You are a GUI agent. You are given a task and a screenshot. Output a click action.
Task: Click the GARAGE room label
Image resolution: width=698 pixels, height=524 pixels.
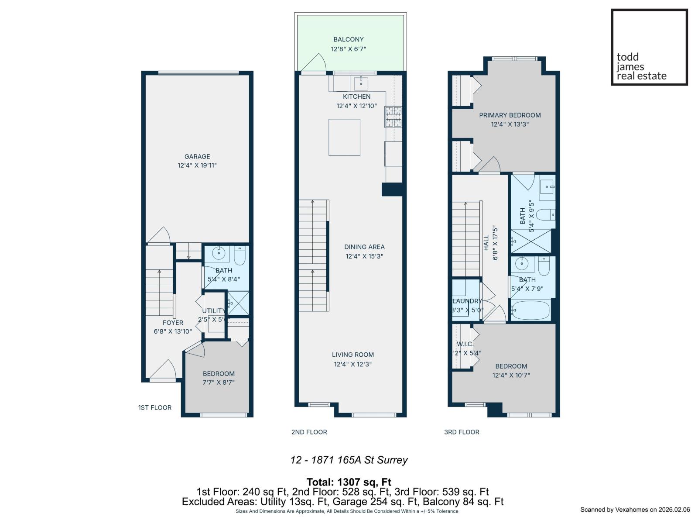click(x=197, y=156)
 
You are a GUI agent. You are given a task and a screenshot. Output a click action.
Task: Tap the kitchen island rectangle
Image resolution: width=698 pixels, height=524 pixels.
click(x=344, y=137)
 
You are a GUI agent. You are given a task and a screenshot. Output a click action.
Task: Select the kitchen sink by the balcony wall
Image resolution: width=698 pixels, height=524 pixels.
click(x=361, y=82)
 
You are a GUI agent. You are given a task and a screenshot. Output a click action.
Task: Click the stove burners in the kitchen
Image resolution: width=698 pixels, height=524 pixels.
click(x=393, y=117)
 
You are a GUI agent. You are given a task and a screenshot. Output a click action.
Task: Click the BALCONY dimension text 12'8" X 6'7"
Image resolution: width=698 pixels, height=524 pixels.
click(x=348, y=49)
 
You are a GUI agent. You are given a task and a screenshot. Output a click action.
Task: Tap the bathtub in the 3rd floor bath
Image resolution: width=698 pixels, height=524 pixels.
click(x=530, y=310)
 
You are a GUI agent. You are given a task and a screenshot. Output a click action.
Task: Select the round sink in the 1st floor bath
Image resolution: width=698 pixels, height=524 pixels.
click(x=218, y=253)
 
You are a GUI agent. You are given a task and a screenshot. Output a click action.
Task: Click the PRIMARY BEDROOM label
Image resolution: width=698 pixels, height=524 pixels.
click(x=510, y=115)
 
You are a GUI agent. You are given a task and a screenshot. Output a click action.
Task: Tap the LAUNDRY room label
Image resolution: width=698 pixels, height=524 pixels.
click(x=467, y=301)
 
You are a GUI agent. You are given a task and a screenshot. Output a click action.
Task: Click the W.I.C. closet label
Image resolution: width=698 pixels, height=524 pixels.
click(x=465, y=344)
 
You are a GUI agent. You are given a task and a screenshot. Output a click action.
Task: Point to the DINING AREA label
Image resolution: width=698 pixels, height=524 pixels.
click(x=364, y=247)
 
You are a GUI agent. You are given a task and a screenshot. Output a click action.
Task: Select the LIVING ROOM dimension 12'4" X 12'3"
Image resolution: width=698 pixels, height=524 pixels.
click(x=352, y=364)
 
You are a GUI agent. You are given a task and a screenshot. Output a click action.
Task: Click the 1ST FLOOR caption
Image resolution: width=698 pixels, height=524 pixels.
click(x=155, y=407)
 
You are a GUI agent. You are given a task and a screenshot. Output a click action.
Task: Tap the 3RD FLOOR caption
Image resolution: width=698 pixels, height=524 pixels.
click(x=462, y=432)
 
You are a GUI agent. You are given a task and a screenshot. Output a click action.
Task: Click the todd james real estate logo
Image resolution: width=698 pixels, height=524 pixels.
click(x=649, y=47)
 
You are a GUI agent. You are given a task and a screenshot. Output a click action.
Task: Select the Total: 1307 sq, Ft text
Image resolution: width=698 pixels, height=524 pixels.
click(x=349, y=482)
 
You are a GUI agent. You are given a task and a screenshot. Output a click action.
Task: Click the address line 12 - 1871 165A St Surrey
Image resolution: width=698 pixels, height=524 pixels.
click(x=349, y=460)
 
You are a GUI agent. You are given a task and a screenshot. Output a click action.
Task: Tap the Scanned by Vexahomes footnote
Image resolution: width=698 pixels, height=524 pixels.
click(x=635, y=510)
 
